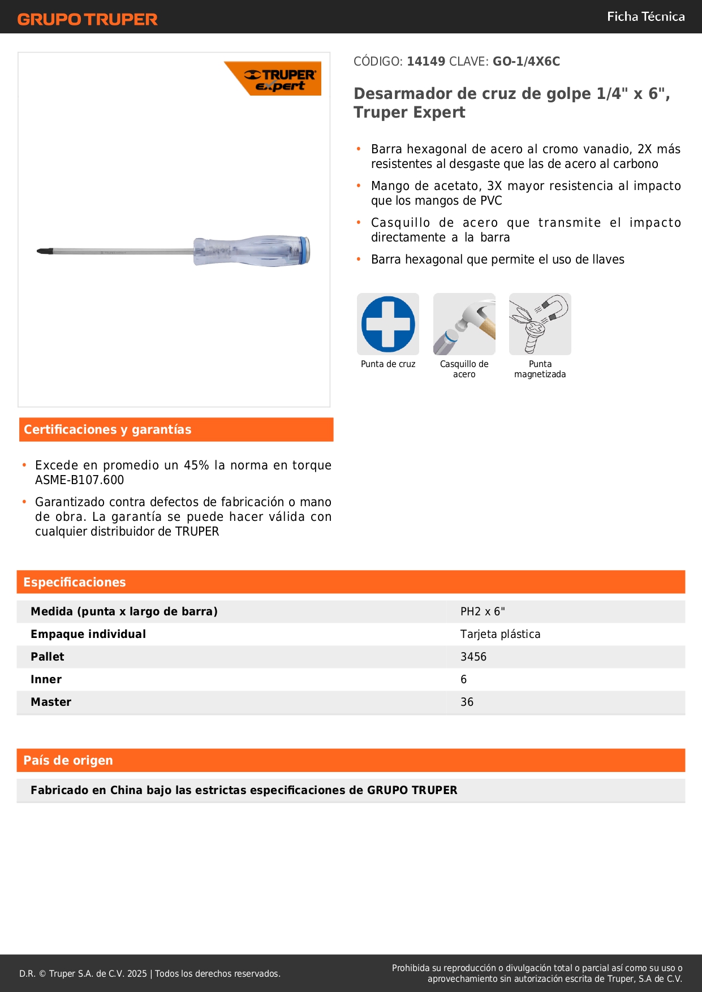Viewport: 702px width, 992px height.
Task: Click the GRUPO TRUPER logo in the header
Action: pos(87,19)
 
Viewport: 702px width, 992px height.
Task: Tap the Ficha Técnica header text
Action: pos(645,16)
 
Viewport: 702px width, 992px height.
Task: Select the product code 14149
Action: pos(426,61)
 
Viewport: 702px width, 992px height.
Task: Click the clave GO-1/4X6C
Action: pos(526,61)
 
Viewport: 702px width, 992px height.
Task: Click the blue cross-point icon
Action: pos(388,324)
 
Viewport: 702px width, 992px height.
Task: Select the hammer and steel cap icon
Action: pos(464,324)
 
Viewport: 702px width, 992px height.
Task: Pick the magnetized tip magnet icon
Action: pos(540,324)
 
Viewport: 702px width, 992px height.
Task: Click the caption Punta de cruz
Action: pos(388,364)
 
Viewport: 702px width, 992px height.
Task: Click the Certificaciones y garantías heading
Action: pos(107,430)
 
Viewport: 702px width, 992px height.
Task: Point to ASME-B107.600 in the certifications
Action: pos(79,480)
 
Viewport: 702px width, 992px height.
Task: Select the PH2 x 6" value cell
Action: pos(483,611)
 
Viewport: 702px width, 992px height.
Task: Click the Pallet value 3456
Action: pos(473,657)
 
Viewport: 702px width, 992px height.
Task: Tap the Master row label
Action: pos(51,702)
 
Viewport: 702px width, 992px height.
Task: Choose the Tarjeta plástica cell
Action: pos(500,634)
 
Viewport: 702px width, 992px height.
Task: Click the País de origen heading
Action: pos(68,761)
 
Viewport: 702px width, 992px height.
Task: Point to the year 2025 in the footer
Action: pos(137,973)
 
